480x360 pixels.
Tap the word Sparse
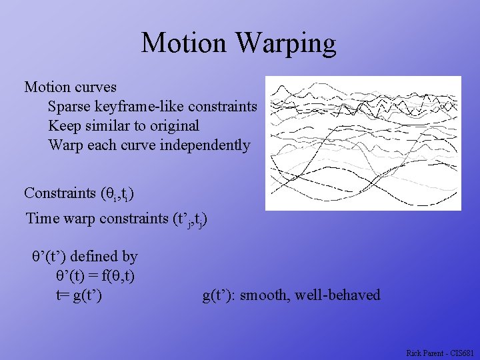(69, 107)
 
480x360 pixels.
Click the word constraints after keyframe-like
(223, 107)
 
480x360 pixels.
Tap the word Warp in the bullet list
(65, 145)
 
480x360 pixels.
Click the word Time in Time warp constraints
(42, 218)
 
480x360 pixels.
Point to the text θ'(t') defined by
(85, 256)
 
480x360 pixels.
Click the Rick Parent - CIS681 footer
(440, 352)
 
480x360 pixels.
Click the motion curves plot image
(363, 143)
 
